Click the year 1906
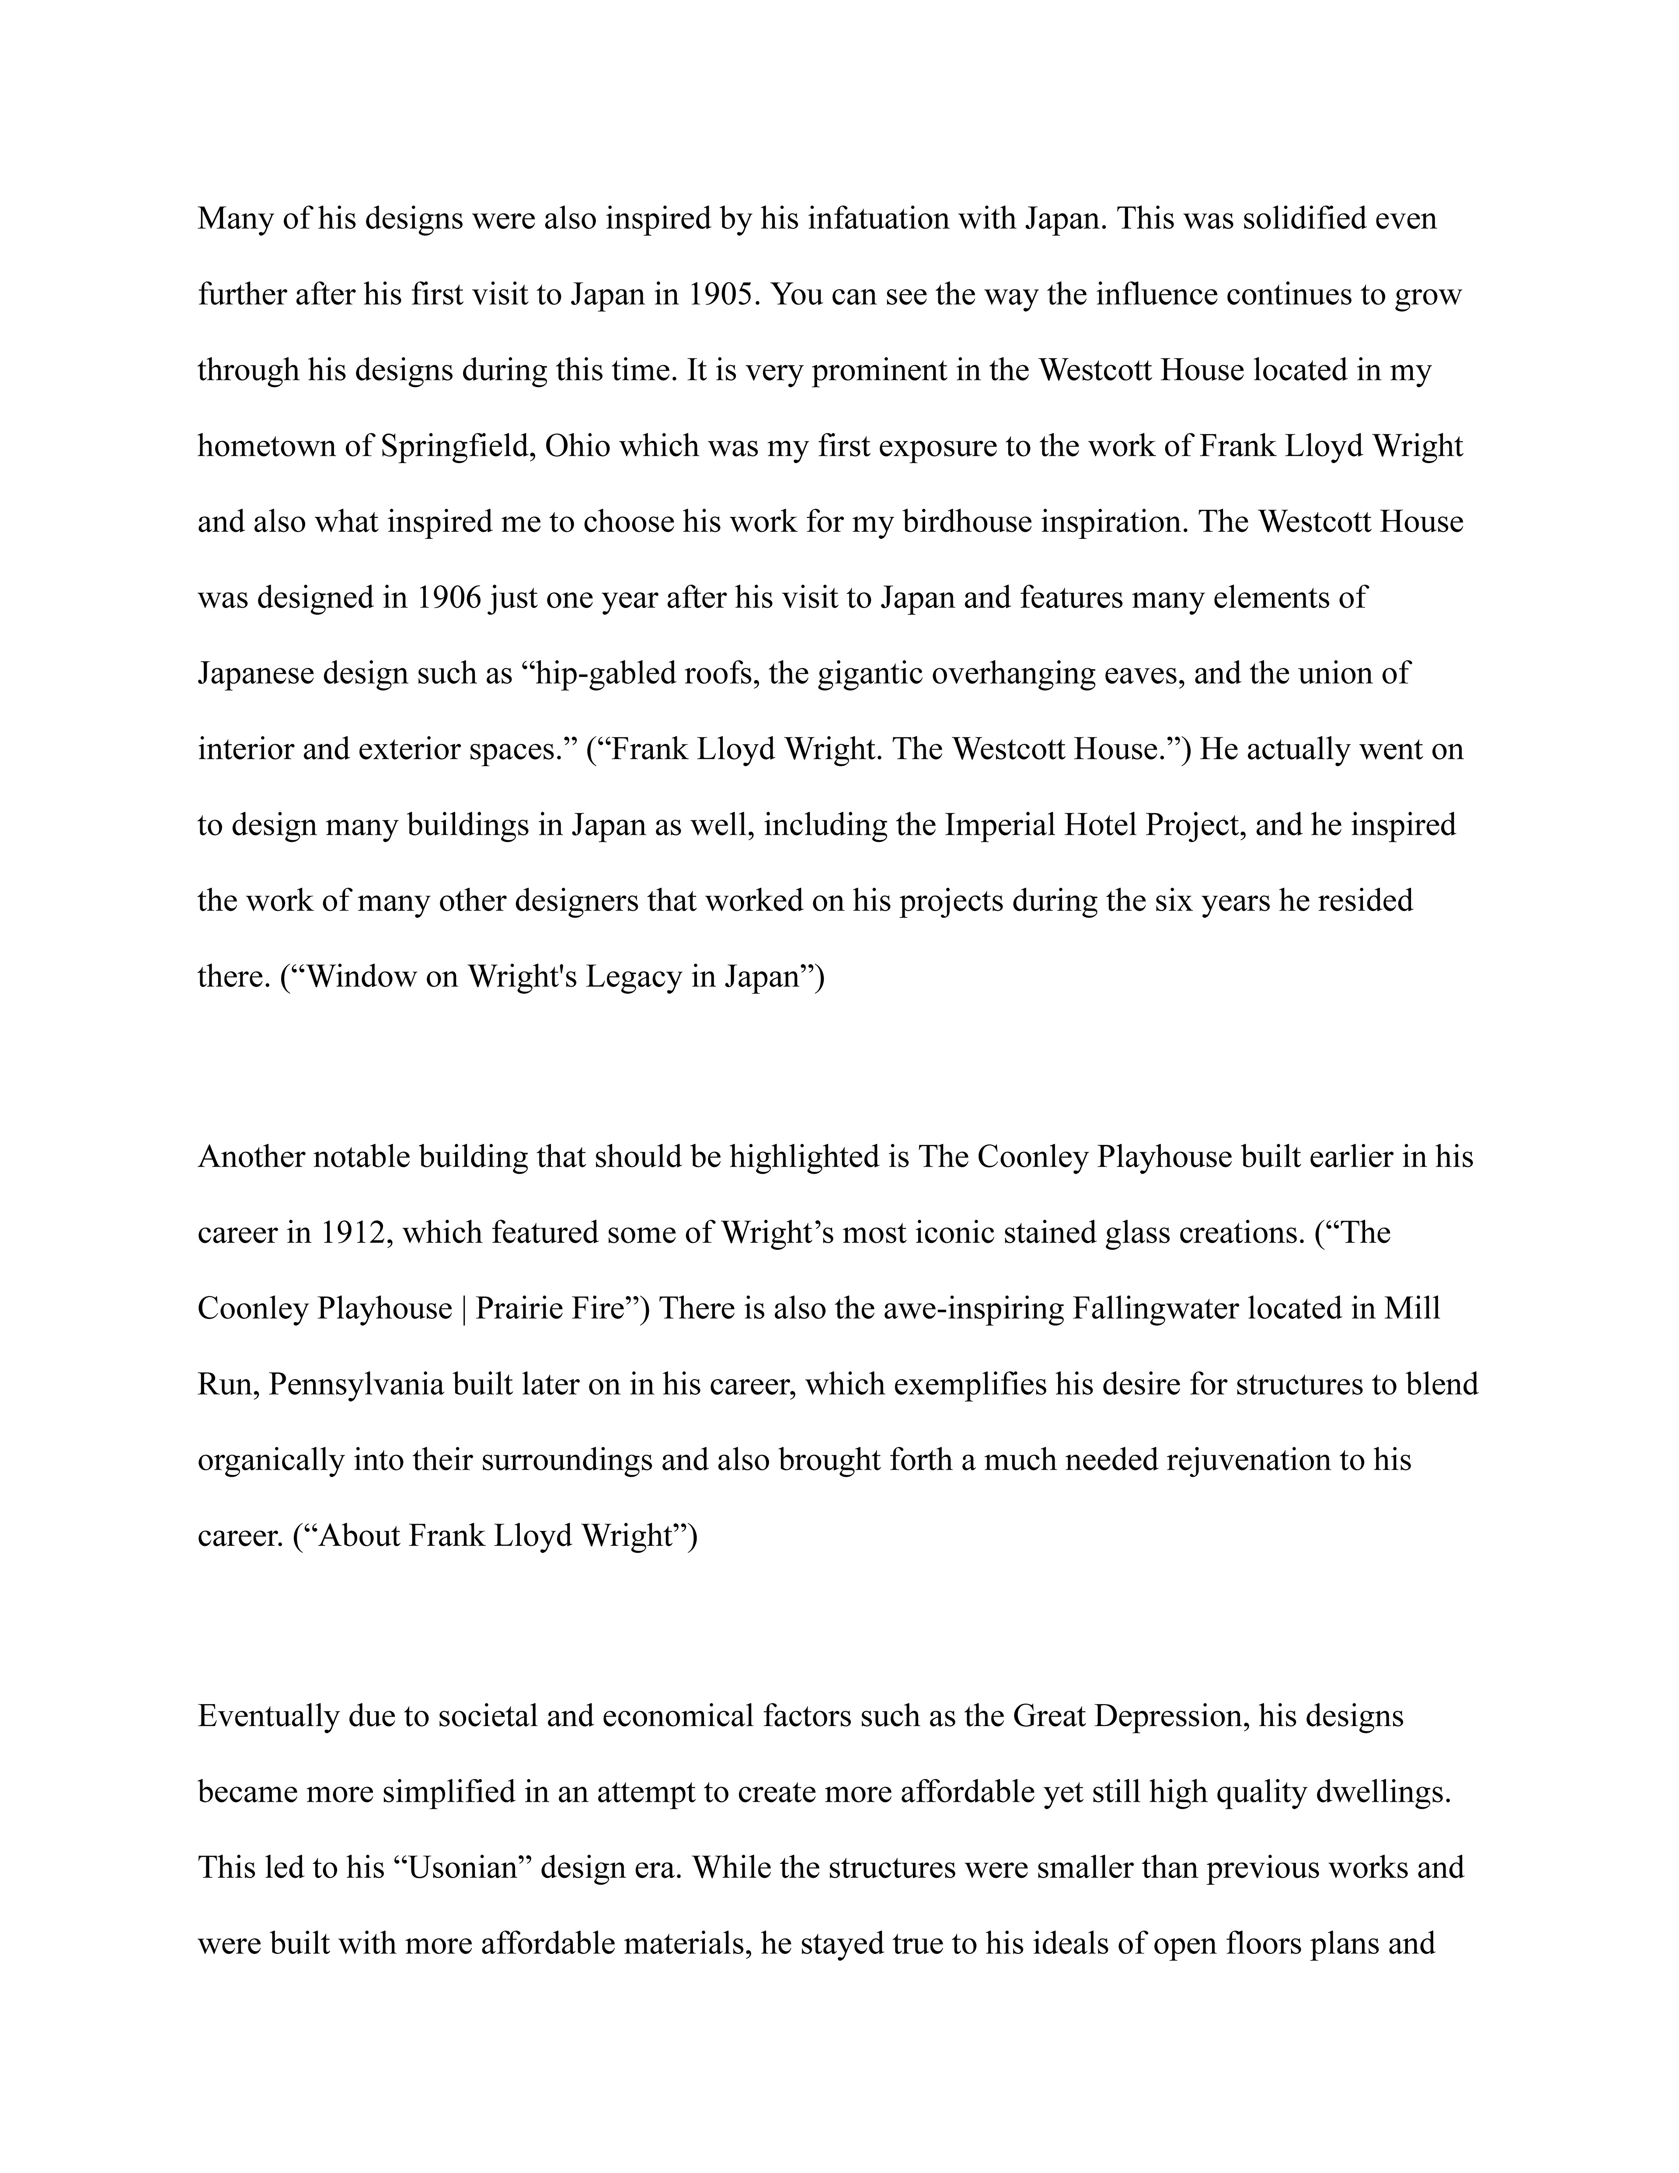coord(445,598)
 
